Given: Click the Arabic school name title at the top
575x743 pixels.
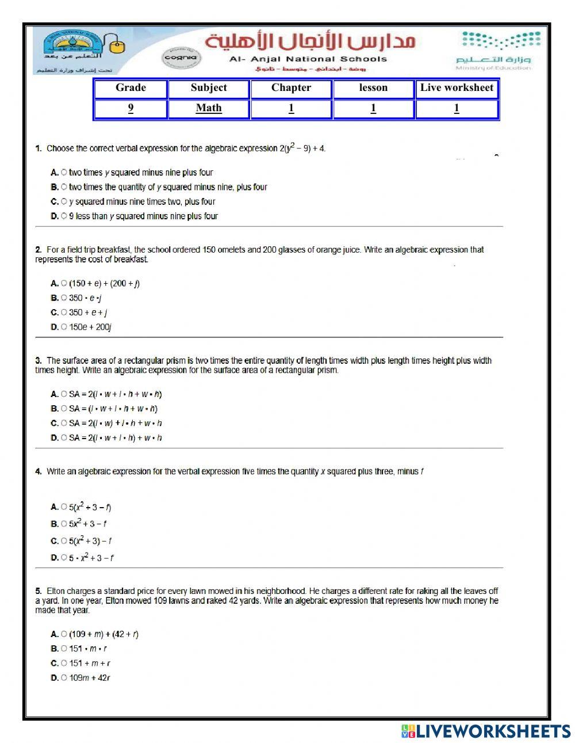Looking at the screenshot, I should [x=310, y=41].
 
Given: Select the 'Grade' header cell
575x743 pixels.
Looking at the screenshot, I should [x=131, y=88].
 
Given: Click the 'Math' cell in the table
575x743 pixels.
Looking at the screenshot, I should [x=208, y=108].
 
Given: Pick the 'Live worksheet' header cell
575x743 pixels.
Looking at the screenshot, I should [x=457, y=88].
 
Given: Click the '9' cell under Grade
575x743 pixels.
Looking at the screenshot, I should [x=131, y=108].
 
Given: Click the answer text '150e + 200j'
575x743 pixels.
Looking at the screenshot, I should [x=90, y=327].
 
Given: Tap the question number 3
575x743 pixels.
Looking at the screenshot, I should [x=39, y=361].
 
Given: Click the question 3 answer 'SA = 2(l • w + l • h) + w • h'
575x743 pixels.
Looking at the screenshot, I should [x=116, y=438].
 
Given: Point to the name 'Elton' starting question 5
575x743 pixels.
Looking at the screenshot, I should [x=56, y=591].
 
